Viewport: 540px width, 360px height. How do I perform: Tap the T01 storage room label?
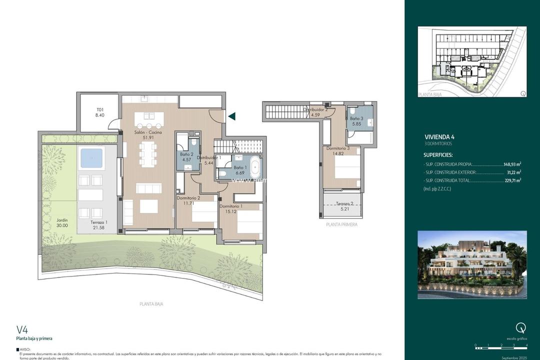[x=100, y=110]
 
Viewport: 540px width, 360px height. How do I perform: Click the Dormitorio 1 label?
[x=230, y=206]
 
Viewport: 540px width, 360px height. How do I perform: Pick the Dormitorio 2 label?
[x=188, y=198]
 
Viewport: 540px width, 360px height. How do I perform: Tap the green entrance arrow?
[x=231, y=116]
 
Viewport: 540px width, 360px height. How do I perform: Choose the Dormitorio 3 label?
[x=338, y=148]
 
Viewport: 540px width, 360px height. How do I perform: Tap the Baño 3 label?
[x=356, y=118]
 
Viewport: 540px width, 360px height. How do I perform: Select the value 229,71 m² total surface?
[x=512, y=180]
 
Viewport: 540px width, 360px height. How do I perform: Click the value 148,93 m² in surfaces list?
[x=512, y=163]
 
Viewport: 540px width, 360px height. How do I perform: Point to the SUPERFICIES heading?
[x=437, y=155]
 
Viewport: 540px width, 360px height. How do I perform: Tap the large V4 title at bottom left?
[x=22, y=329]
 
